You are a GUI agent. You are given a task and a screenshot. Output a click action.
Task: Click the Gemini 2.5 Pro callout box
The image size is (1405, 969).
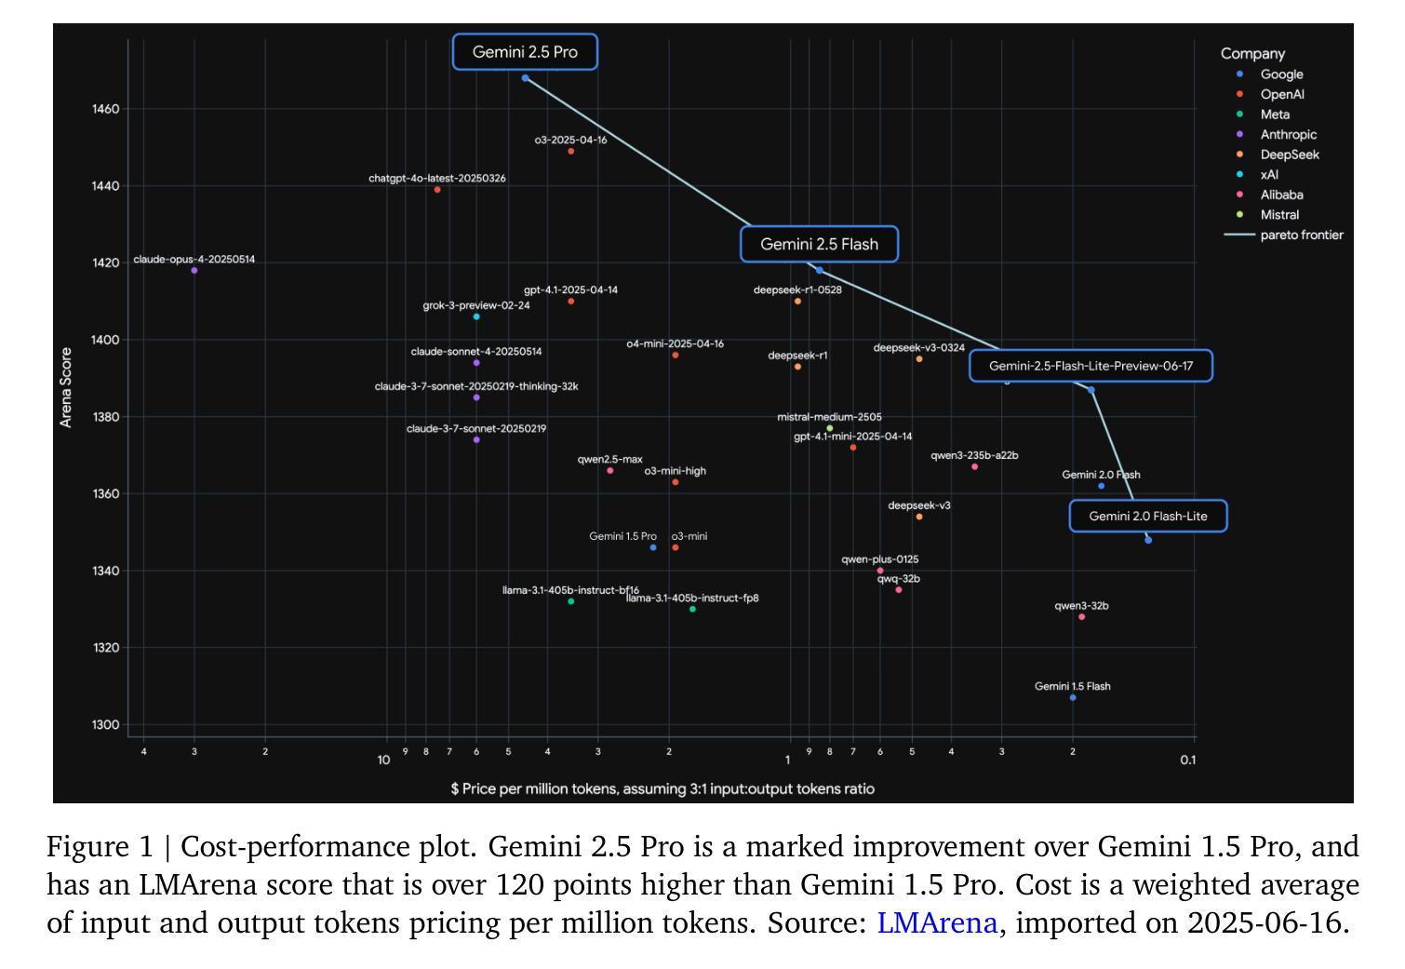[x=525, y=52]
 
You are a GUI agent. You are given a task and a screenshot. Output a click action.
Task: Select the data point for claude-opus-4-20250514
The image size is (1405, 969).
[x=194, y=271]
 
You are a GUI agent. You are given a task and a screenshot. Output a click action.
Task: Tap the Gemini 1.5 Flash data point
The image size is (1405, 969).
[x=1073, y=698]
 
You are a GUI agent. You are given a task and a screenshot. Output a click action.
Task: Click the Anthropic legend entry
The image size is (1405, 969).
[x=1288, y=135]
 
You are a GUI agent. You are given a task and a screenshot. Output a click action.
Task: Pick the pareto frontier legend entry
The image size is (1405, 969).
[x=1301, y=236]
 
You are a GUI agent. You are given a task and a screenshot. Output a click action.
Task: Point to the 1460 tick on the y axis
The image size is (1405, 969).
[x=105, y=110]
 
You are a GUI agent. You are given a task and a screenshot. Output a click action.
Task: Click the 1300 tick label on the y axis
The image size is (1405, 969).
[x=105, y=725]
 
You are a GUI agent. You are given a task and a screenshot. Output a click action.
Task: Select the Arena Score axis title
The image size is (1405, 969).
[x=66, y=387]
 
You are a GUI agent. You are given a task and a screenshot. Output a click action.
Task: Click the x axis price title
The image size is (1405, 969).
[x=662, y=789]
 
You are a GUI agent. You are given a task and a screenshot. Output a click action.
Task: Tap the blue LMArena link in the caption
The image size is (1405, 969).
[x=936, y=923]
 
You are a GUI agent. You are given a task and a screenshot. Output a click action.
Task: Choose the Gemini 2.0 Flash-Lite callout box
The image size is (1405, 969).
[x=1148, y=517]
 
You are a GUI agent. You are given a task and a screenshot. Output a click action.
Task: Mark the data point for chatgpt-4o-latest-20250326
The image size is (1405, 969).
[x=437, y=190]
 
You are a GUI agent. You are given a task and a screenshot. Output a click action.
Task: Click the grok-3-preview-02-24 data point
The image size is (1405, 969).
[x=476, y=317]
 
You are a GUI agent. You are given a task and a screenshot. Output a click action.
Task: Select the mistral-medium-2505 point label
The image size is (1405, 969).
[x=829, y=418]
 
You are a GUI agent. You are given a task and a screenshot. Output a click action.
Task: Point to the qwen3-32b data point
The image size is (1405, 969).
[x=1081, y=617]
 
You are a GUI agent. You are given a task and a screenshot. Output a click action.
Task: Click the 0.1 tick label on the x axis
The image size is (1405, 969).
[x=1187, y=760]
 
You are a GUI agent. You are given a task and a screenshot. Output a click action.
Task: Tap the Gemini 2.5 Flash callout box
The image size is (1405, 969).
[x=819, y=245]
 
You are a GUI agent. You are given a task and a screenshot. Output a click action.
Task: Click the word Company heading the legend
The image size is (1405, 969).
[x=1252, y=54]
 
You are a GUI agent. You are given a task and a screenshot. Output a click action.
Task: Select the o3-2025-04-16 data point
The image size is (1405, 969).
[x=571, y=152]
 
